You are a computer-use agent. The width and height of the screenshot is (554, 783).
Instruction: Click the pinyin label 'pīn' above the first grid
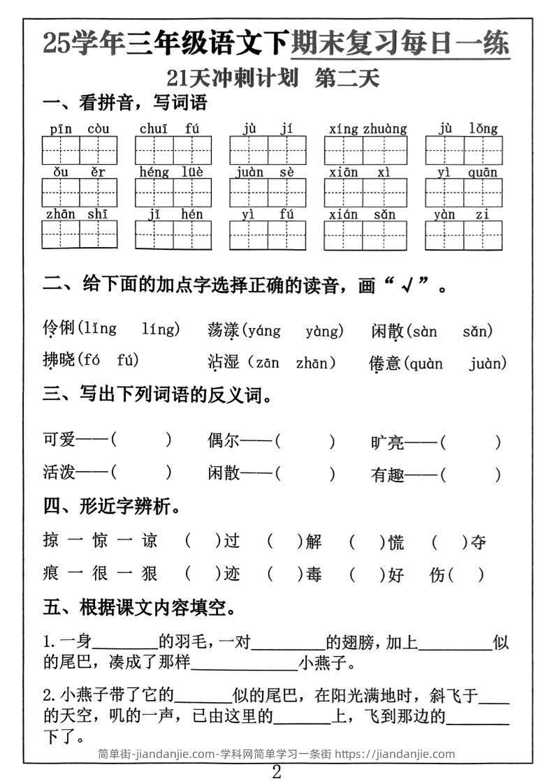coord(61,128)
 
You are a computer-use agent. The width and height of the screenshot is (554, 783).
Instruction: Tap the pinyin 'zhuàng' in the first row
coord(384,128)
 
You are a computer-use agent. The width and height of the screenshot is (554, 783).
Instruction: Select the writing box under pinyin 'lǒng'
coord(483,150)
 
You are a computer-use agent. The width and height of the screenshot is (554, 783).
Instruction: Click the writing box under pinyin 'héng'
coord(154,193)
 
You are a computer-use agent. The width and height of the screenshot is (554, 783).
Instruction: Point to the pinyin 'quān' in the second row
coord(483,172)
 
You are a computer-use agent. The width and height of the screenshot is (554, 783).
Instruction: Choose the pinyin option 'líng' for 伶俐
coord(161,329)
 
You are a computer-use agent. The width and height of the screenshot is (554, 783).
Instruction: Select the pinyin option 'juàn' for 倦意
coord(488,364)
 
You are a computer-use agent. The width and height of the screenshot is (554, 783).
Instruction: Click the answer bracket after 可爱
coord(141,440)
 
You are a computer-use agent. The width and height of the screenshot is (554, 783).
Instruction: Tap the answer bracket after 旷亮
coord(471,442)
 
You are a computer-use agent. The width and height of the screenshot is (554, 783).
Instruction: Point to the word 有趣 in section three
coord(388,475)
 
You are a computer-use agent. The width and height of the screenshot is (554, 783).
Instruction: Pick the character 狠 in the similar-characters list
coord(149,574)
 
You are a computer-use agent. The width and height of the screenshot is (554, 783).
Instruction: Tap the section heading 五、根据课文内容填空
coord(139,608)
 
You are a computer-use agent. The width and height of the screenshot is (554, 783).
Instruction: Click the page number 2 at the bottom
coord(277,772)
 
